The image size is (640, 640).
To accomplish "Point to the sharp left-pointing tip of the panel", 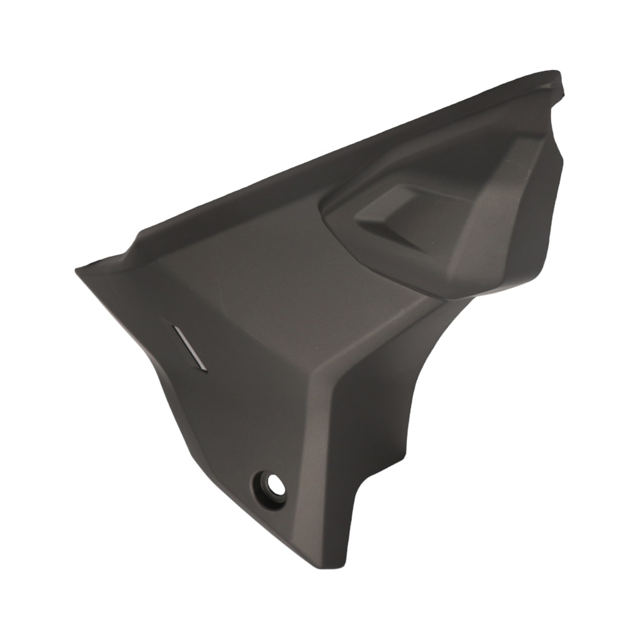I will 78,270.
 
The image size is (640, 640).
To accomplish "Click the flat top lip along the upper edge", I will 350,156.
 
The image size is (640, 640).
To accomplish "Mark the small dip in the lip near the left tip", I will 134,241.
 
